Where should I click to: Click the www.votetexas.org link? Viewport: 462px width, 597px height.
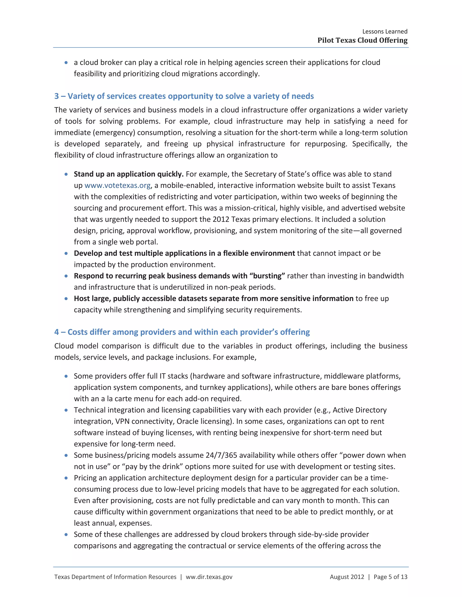(117, 186)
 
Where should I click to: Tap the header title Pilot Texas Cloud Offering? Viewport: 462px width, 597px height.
(362, 41)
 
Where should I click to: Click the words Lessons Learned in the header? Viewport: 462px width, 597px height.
(385, 32)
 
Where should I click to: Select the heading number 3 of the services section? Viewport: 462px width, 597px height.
(57, 96)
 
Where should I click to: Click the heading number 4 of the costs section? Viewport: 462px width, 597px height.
(57, 332)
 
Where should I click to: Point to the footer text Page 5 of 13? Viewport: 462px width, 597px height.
(390, 577)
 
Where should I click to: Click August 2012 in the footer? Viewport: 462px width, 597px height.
(347, 577)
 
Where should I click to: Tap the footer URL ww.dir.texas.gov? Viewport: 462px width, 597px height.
(209, 577)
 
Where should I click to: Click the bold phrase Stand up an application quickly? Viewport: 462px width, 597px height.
(129, 174)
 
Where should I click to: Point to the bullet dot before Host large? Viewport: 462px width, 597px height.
(66, 299)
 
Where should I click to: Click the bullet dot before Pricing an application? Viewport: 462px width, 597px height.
(66, 478)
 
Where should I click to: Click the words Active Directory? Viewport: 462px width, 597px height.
(359, 410)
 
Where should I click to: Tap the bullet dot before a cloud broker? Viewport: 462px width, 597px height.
(66, 63)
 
